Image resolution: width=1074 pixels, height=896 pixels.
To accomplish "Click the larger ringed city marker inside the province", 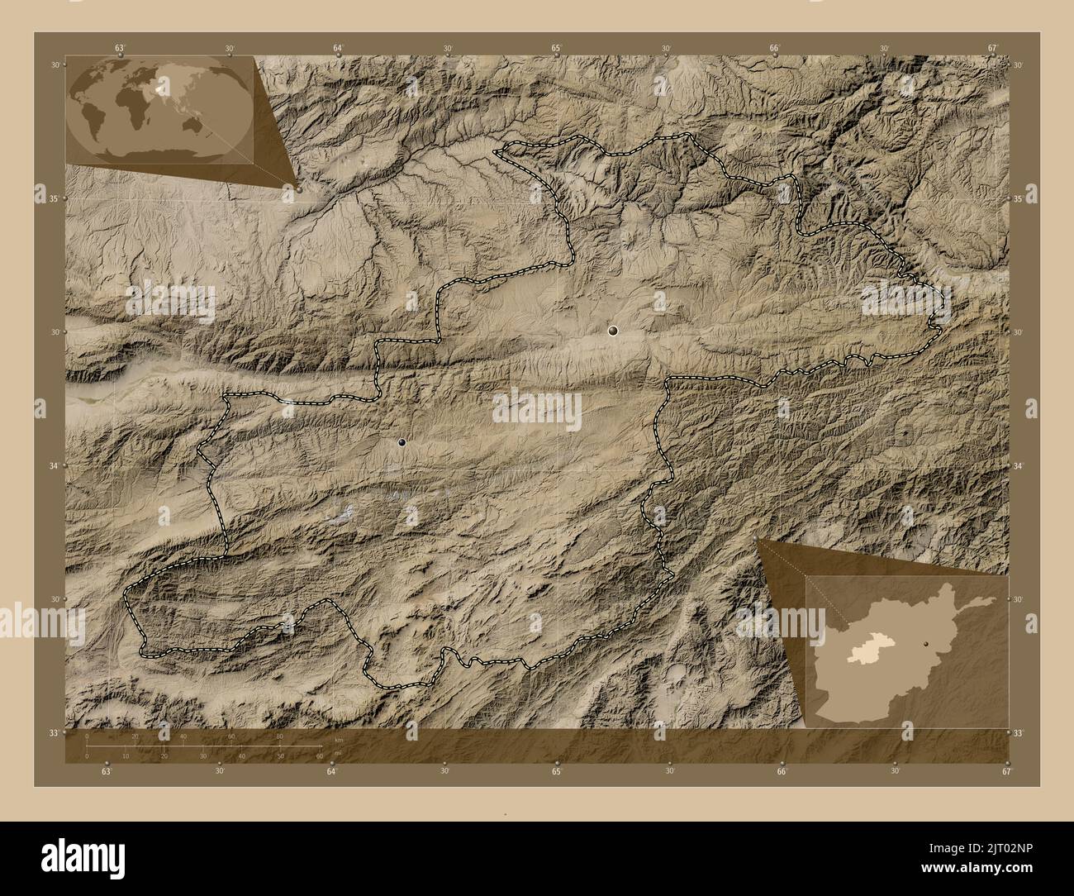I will tap(612, 331).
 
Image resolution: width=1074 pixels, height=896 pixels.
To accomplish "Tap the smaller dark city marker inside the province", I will tap(402, 443).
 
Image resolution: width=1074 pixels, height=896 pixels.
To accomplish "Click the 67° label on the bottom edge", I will tap(1006, 771).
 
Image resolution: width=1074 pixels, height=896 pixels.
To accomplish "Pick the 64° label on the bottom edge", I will tap(331, 771).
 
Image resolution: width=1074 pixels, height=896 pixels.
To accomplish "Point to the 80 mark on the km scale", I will tap(280, 736).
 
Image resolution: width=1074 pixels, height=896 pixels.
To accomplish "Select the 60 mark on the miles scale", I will tap(319, 755).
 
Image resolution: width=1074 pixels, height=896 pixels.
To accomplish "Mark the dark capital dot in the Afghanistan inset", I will tap(927, 642).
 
